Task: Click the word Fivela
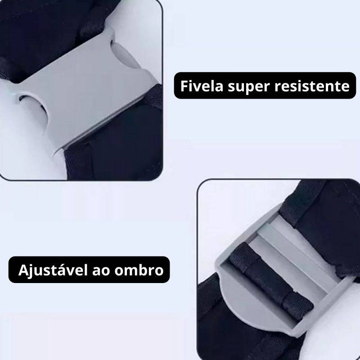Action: (202, 86)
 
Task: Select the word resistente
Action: (312, 86)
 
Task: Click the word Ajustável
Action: (53, 270)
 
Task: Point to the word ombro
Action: (139, 270)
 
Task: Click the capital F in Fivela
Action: (184, 86)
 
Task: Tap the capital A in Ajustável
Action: (23, 270)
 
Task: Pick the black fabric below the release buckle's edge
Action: (115, 142)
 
